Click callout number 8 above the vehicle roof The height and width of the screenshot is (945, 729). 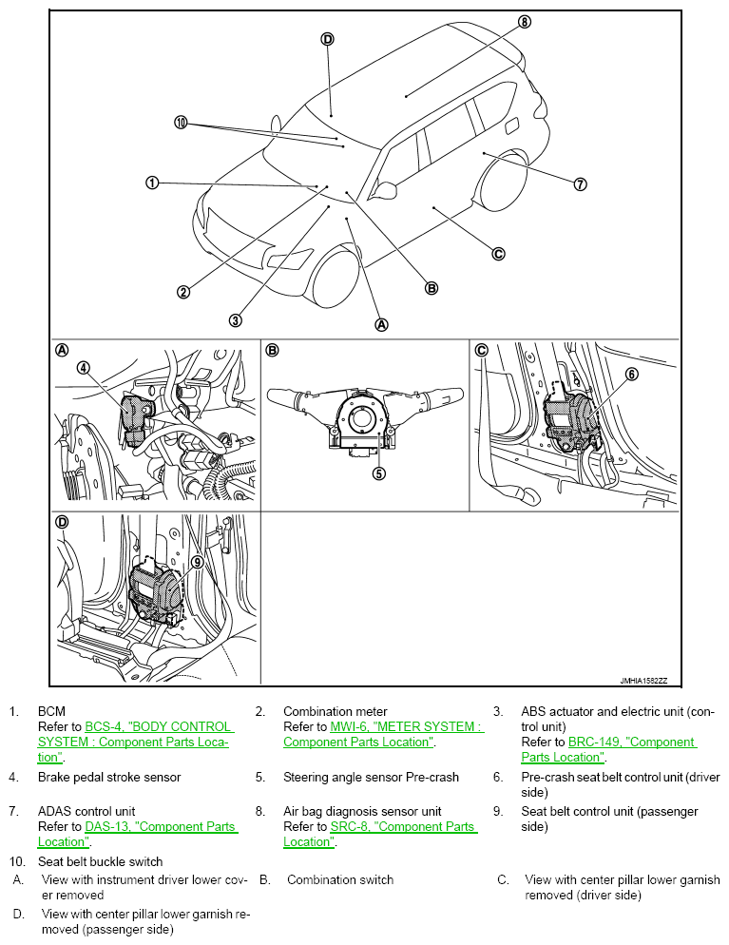(x=524, y=21)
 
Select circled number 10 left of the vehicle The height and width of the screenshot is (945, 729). (x=182, y=122)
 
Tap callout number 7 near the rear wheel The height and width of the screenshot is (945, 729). (x=580, y=184)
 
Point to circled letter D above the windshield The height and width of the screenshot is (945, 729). (x=327, y=39)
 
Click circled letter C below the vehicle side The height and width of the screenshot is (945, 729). (x=497, y=254)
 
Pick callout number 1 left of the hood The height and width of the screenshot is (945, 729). (x=152, y=182)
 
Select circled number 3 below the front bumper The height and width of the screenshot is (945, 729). (x=235, y=320)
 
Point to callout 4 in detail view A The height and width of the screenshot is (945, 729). (x=84, y=367)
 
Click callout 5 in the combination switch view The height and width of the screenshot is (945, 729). (x=378, y=472)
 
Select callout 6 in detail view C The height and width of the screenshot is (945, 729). (x=631, y=375)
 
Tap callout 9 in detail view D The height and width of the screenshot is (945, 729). (x=197, y=562)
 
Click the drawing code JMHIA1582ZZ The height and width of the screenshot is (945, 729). (x=643, y=681)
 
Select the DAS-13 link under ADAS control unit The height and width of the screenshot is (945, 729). (x=161, y=827)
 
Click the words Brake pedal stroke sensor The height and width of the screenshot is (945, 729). (x=109, y=777)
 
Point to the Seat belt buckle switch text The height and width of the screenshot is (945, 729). (x=101, y=861)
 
